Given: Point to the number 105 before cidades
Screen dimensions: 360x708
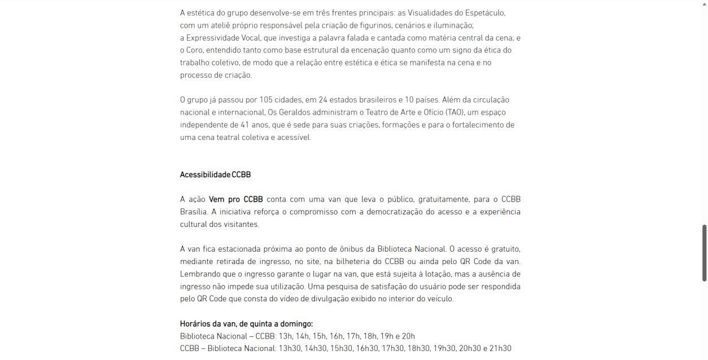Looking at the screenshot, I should [x=265, y=100].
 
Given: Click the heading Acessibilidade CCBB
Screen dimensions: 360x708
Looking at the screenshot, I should [x=215, y=174].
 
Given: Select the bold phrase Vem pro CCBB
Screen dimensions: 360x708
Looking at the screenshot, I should [x=235, y=199].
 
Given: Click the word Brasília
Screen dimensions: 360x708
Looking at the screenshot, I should [x=194, y=212].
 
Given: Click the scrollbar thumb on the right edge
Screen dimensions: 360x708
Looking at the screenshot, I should [x=704, y=252].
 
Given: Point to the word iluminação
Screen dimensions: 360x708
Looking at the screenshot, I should [x=452, y=25].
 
